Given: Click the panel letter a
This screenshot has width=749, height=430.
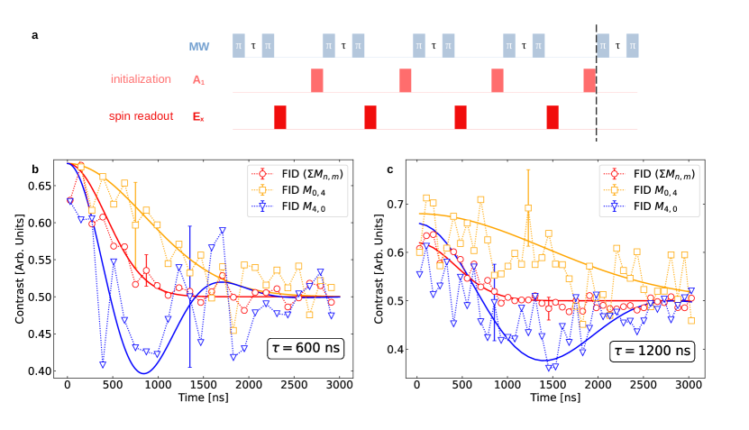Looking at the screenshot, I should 35,36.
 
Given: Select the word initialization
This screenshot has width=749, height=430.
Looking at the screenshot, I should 141,79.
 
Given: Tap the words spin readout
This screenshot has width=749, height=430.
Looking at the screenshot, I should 141,116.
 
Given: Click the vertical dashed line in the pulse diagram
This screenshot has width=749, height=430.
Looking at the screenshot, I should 596,81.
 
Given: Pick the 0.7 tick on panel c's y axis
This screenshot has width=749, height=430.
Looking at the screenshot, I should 394,205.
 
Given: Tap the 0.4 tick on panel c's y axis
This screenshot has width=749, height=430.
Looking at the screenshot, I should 394,349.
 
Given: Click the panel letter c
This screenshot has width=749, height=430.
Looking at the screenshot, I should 389,169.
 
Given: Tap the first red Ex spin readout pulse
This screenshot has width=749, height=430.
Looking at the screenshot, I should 280,117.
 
